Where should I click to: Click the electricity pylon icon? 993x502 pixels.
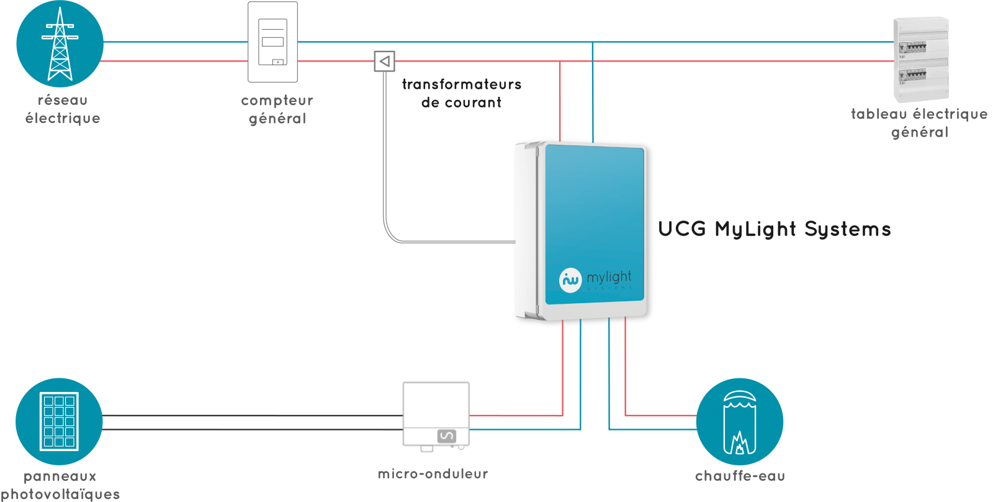[60, 43]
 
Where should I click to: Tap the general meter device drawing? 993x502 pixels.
[272, 42]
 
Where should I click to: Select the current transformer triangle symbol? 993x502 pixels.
[385, 61]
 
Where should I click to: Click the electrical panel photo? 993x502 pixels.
[921, 60]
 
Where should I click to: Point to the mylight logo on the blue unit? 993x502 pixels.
[595, 279]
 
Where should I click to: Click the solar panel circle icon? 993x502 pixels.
[59, 421]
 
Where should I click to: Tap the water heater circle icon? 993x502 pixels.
[739, 421]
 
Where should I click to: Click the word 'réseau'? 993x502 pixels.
[63, 100]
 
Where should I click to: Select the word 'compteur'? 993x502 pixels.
[277, 101]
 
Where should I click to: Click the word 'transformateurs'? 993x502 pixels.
[462, 84]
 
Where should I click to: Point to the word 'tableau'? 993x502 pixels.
[879, 114]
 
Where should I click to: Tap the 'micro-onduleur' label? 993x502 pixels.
[433, 474]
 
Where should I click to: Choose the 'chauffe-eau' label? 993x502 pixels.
[740, 476]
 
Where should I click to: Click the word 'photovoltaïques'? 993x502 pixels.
[60, 494]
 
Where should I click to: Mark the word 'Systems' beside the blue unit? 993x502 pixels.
[848, 229]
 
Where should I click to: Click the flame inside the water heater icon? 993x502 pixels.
[739, 443]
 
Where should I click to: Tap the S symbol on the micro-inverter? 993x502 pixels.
[446, 436]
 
